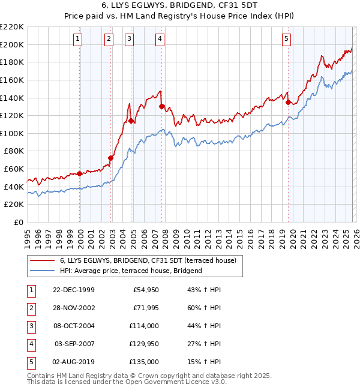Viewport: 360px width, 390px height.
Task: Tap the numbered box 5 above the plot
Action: [x=287, y=40]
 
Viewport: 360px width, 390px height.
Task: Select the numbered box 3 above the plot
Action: [x=129, y=40]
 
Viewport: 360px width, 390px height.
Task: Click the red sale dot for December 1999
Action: [x=80, y=173]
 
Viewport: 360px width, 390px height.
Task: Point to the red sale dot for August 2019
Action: [x=288, y=102]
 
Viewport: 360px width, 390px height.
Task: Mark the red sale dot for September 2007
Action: [x=161, y=107]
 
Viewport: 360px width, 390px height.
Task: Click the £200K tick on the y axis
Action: [x=12, y=44]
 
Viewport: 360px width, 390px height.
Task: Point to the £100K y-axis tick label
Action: [x=12, y=133]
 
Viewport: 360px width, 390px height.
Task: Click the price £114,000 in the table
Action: [x=145, y=326]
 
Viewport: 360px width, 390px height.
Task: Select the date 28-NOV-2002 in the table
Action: [x=74, y=308]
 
